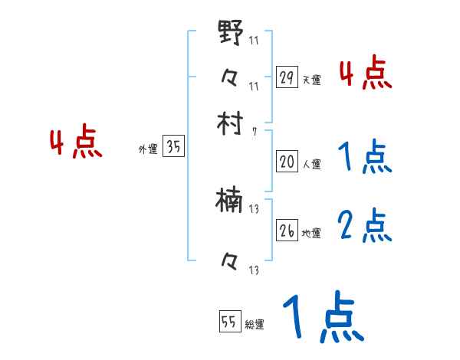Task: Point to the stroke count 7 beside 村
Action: point(254,132)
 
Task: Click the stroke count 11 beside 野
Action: point(254,40)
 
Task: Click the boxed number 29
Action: point(287,77)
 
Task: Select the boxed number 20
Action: point(287,162)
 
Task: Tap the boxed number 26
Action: point(287,231)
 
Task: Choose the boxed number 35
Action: point(174,147)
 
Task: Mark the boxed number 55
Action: point(228,322)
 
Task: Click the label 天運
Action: point(311,80)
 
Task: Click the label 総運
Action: point(255,325)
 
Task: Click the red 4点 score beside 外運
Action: point(76,144)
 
